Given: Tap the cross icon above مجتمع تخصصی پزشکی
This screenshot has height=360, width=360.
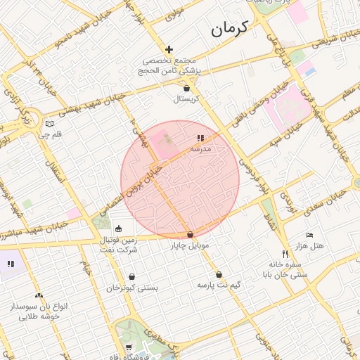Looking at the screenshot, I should (x=169, y=49).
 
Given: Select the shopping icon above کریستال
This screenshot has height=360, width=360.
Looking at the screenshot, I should (x=186, y=89).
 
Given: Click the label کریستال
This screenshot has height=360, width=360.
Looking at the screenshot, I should (x=187, y=100).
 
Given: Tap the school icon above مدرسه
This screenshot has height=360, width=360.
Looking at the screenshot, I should (x=200, y=139).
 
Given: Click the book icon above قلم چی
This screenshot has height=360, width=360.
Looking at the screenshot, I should (x=49, y=124).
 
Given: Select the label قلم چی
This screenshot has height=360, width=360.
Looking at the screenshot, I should (x=49, y=134).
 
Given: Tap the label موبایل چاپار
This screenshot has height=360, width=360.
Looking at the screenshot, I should (x=190, y=246).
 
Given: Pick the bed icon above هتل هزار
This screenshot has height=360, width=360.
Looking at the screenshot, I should (x=309, y=236).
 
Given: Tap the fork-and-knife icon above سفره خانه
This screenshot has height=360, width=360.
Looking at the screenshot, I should (x=285, y=254).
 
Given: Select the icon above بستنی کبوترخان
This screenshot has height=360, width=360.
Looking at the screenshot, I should (x=132, y=276).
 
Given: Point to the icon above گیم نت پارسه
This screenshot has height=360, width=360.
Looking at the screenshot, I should (x=219, y=275).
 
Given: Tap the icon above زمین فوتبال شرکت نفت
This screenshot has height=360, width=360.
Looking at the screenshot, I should (x=117, y=229).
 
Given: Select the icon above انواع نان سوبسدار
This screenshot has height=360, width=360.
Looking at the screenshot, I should (x=39, y=296).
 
